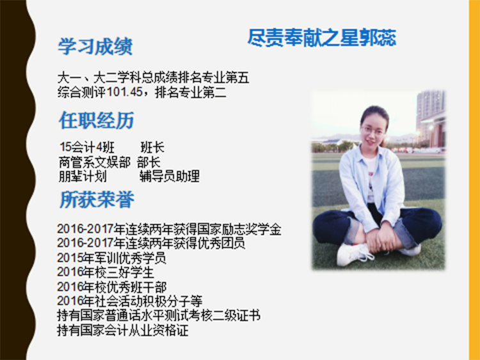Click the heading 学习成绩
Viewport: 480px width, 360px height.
click(95, 47)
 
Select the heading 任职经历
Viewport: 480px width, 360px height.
click(97, 120)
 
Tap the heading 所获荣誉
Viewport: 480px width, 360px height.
click(97, 200)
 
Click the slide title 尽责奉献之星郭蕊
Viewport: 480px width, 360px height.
click(322, 38)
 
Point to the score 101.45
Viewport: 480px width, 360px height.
click(125, 92)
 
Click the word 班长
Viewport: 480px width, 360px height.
click(152, 148)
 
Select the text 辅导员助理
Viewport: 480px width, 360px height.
click(170, 176)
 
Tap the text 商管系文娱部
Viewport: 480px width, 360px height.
click(95, 162)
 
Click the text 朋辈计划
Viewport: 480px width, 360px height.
click(83, 176)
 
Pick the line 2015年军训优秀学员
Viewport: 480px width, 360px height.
click(111, 258)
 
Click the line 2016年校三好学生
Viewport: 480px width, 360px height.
click(106, 272)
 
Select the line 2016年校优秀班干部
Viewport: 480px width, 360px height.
click(112, 286)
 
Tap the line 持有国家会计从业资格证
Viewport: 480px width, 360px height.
click(123, 331)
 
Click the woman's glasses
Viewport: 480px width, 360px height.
click(372, 130)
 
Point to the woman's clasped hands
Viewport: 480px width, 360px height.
click(378, 237)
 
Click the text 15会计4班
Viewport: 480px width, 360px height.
click(87, 148)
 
